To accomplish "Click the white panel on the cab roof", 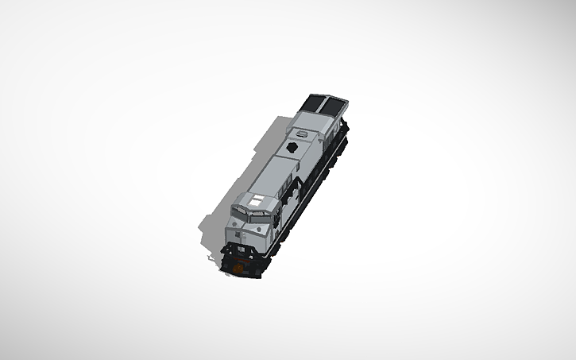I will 256,199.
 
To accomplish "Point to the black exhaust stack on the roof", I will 293,149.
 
